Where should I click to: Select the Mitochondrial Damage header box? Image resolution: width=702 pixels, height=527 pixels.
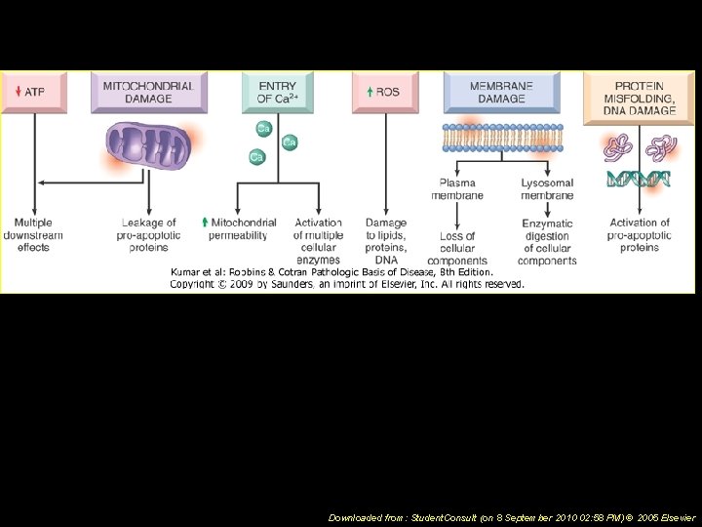[x=148, y=93]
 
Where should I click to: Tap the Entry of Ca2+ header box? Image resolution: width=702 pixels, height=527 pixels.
[x=278, y=93]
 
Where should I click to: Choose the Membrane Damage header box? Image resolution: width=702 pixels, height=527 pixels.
[x=501, y=93]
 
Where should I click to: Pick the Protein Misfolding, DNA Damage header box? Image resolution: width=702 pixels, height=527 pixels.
[x=638, y=98]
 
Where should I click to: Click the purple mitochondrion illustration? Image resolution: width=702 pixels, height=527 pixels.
[x=148, y=147]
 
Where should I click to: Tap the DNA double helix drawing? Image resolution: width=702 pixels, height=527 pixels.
[x=638, y=179]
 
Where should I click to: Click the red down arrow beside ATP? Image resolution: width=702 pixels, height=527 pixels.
[x=18, y=93]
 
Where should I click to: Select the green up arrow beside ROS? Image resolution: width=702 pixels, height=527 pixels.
[x=370, y=93]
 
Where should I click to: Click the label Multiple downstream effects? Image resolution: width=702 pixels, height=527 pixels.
[x=33, y=235]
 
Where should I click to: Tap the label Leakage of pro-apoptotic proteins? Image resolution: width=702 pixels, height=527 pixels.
[x=148, y=235]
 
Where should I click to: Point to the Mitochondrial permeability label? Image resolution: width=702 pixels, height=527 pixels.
[x=242, y=228]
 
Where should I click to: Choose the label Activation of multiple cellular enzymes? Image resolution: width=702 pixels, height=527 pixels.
[x=317, y=241]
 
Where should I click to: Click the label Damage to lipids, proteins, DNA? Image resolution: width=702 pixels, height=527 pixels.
[x=386, y=241]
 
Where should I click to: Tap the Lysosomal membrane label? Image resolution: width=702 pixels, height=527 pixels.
[x=546, y=189]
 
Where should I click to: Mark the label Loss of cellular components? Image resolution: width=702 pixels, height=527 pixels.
[x=457, y=248]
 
